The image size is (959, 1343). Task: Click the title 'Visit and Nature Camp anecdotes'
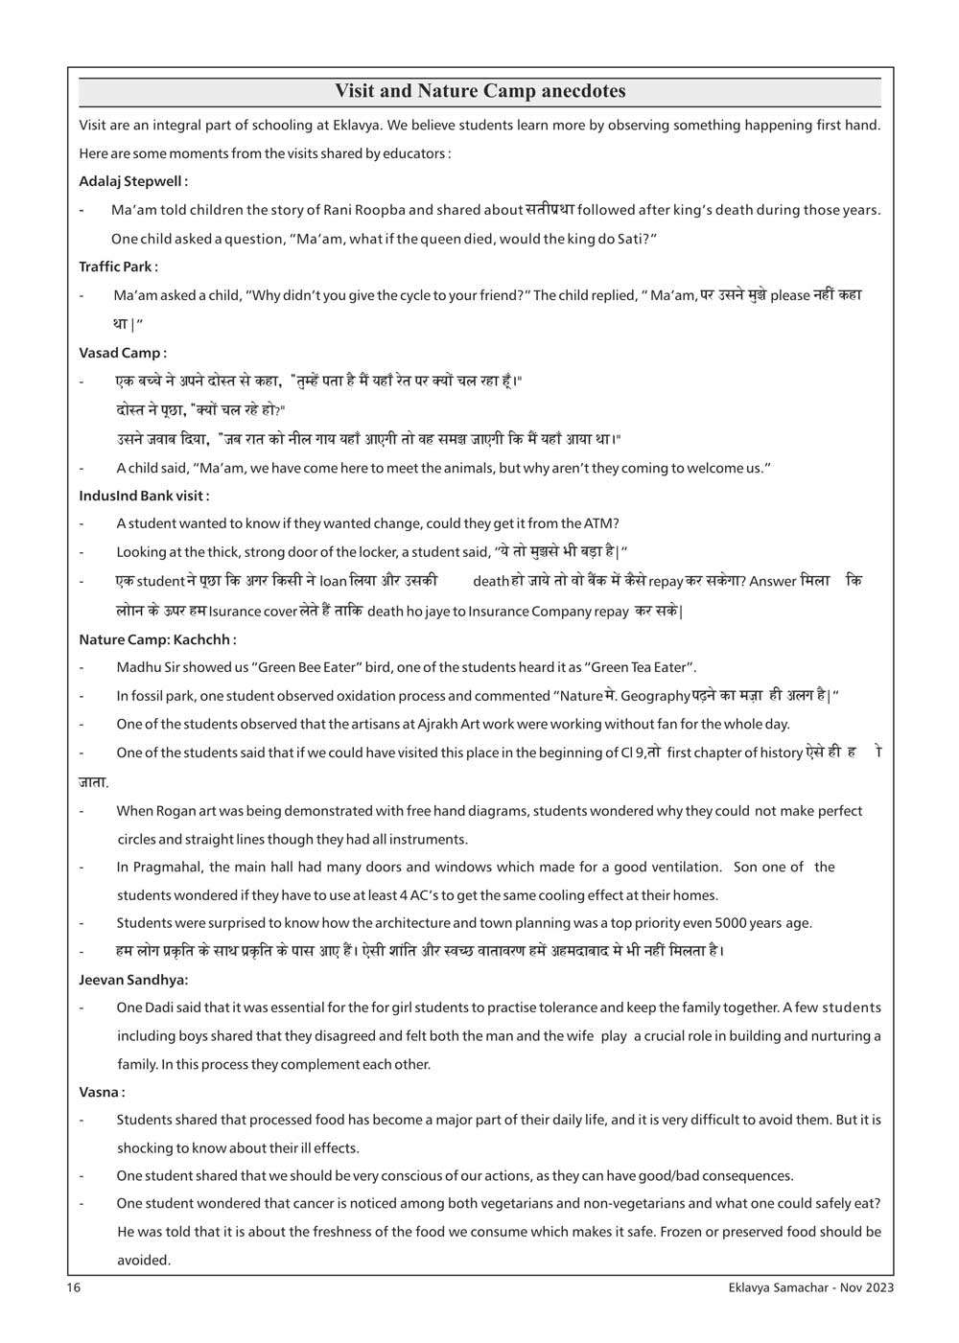point(479,91)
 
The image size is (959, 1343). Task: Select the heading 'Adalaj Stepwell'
point(132,181)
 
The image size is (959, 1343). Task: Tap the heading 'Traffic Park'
point(117,266)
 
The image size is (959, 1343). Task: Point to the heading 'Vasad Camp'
point(122,353)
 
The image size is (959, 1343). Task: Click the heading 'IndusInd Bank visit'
point(143,496)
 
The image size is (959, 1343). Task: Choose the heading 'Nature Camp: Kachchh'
point(156,639)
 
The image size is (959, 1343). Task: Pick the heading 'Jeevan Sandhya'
point(133,980)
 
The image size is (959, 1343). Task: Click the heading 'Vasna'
point(101,1092)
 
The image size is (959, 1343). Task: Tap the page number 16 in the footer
point(74,1287)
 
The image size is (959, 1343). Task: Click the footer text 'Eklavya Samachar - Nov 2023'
point(811,1287)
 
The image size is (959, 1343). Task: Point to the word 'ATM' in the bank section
point(601,523)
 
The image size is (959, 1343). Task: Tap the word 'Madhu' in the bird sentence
point(137,667)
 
